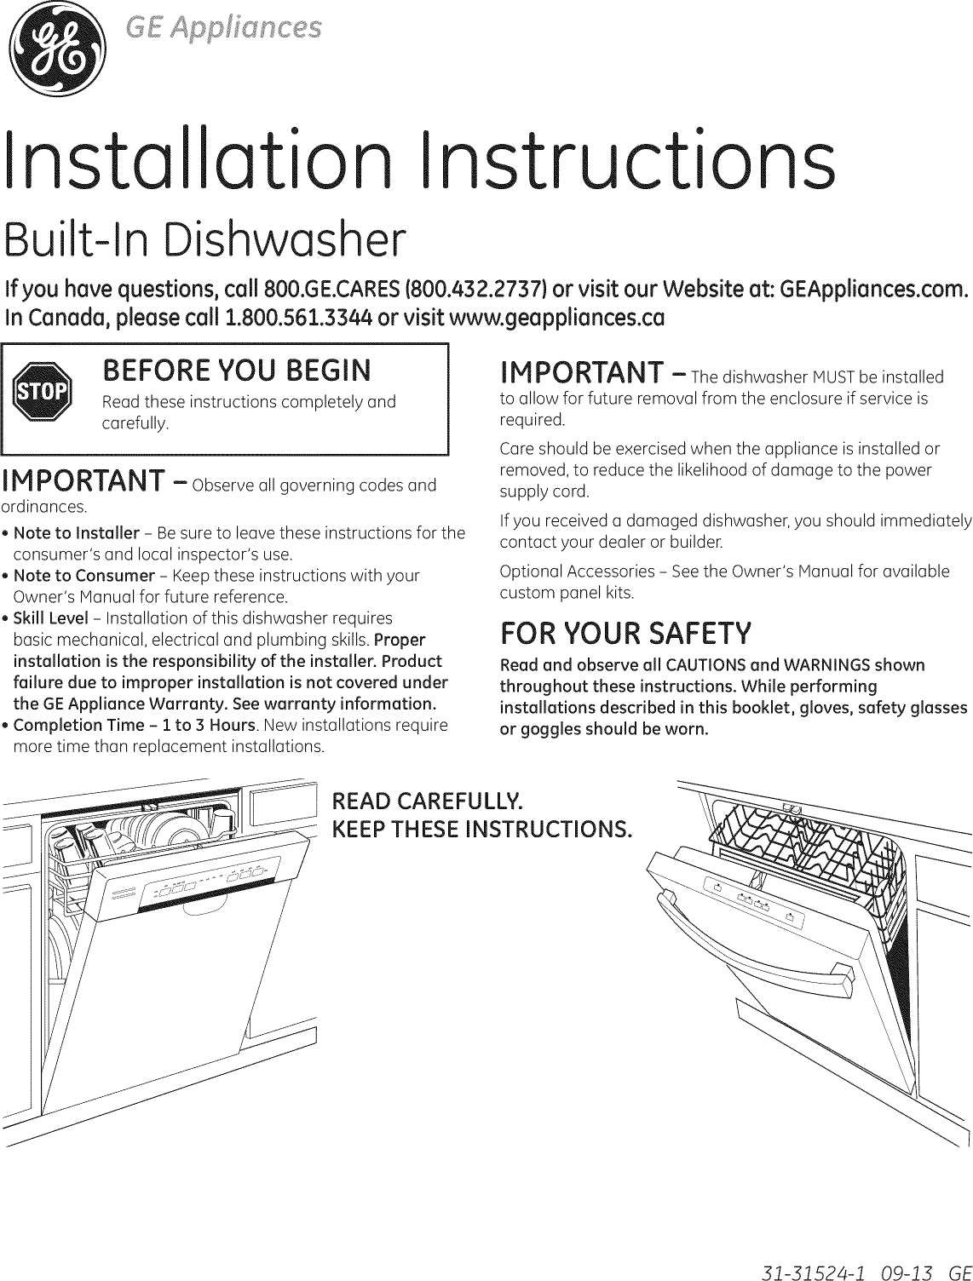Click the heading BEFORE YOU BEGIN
pos(236,371)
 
